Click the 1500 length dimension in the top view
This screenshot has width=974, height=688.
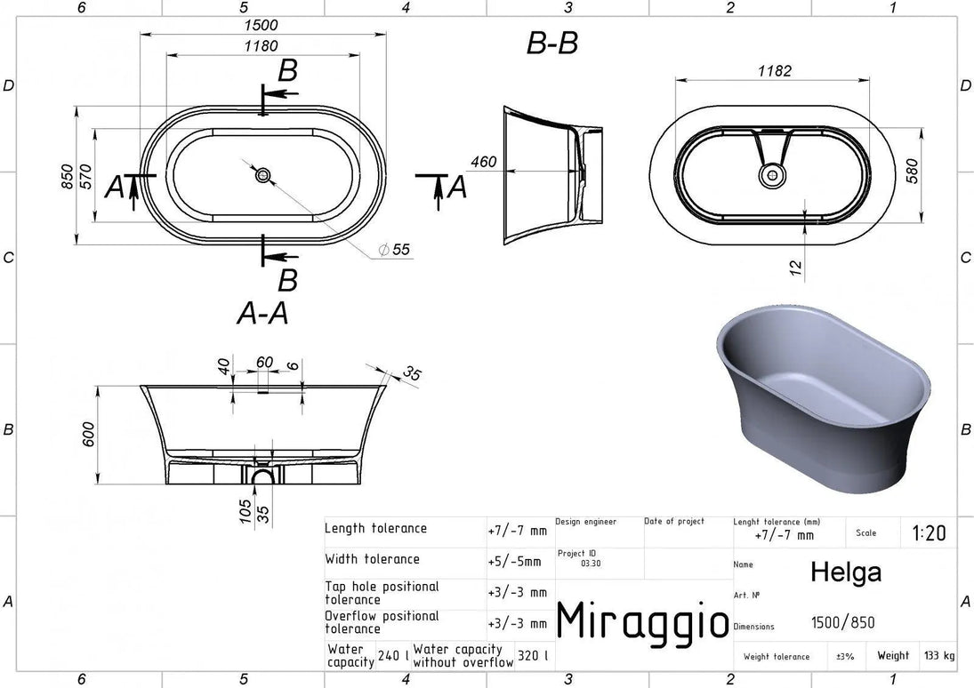[x=261, y=25]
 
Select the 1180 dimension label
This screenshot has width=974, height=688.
[x=261, y=46]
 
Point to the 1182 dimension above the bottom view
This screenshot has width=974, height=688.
[x=775, y=71]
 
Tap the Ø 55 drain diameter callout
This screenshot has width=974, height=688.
[x=394, y=250]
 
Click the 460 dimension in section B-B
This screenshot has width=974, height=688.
[x=483, y=162]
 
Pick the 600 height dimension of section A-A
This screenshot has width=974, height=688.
[x=88, y=434]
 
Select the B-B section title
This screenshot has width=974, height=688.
[x=552, y=44]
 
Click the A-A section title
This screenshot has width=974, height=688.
[x=262, y=314]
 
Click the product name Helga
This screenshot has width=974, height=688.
[x=846, y=572]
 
